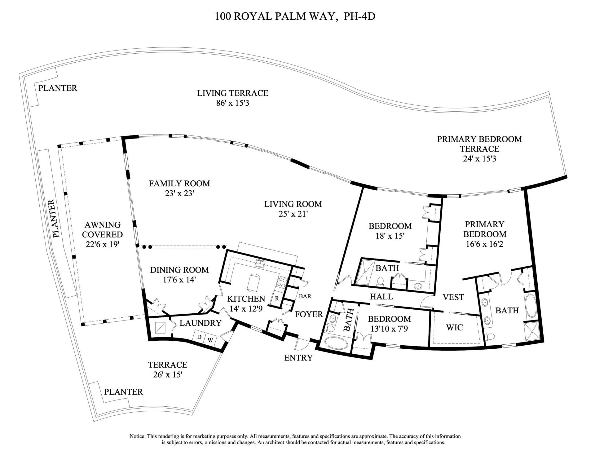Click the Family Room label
coord(179,184)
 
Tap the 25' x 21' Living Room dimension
coord(293,214)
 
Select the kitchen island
coord(253,282)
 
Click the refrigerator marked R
coord(277,299)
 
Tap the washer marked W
coord(210,340)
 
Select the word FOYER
coord(309,314)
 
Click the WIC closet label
coord(454,327)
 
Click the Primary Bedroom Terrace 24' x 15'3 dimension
coord(479,159)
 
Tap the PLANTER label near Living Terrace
coord(58,88)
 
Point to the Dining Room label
coord(179,270)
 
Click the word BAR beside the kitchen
coord(305,296)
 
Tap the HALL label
coord(381,297)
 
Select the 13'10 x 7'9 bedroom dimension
coord(390,329)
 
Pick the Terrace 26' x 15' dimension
coord(167,375)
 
